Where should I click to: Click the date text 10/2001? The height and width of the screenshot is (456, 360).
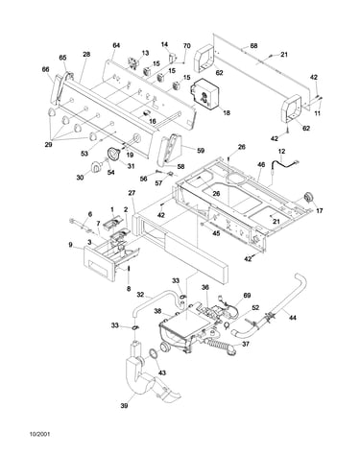(40, 434)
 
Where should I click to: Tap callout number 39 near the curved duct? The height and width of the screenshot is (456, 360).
(124, 406)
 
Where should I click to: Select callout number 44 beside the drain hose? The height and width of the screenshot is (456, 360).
(293, 318)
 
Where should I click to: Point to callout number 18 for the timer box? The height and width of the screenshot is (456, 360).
(227, 112)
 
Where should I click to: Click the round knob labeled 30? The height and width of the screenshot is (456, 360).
(95, 167)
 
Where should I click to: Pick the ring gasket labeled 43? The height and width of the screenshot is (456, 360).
(154, 354)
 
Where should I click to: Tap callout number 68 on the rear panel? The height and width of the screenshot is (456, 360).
(253, 46)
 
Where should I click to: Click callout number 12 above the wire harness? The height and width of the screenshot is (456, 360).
(281, 151)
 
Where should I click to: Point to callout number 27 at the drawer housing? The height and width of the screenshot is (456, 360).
(132, 193)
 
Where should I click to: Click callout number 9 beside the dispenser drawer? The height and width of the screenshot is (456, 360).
(70, 245)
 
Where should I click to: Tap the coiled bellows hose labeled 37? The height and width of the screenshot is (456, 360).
(221, 348)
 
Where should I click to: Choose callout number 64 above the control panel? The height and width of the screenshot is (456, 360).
(116, 45)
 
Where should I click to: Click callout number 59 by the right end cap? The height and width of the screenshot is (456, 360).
(201, 151)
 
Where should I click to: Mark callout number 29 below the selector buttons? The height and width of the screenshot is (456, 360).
(48, 145)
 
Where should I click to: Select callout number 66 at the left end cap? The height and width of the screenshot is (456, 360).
(46, 69)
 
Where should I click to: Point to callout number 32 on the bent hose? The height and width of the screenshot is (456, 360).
(141, 294)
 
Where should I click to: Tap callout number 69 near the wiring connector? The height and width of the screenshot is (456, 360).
(247, 295)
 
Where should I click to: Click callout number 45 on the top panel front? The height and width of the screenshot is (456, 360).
(216, 233)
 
